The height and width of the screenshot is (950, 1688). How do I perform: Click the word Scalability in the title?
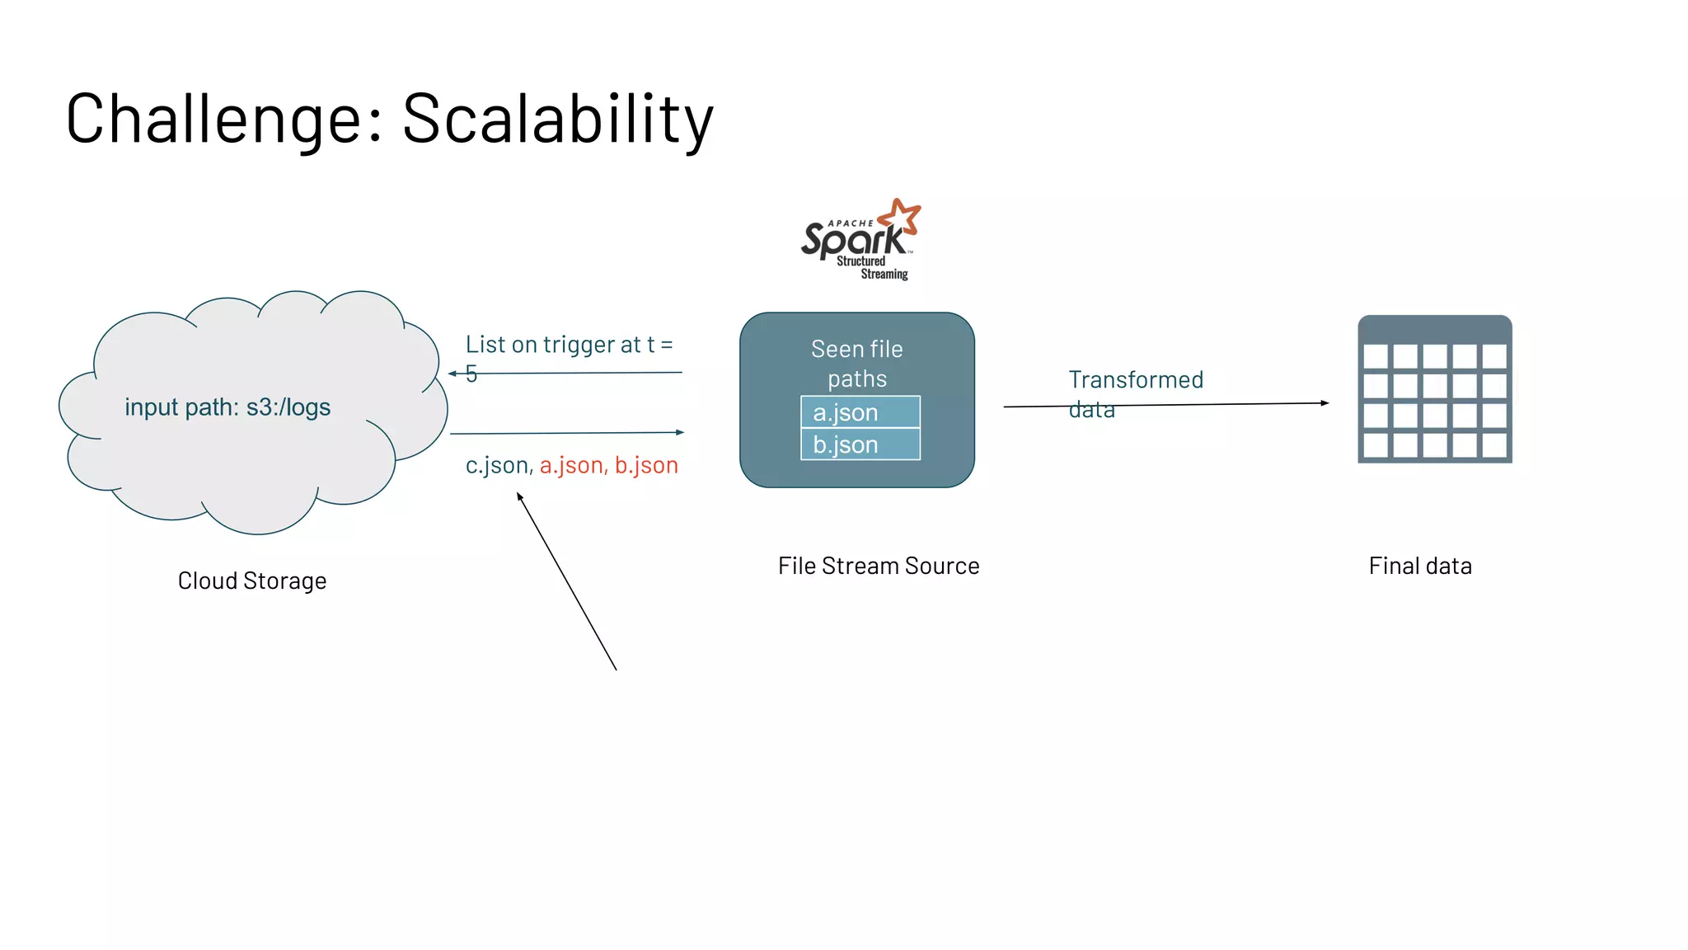557,120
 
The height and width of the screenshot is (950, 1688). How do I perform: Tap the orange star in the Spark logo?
901,216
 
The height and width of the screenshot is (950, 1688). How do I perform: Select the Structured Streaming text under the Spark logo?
872,268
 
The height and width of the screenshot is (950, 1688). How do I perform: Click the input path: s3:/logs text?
227,407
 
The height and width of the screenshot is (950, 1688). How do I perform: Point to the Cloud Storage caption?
252,581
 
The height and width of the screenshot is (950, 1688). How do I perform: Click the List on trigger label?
569,345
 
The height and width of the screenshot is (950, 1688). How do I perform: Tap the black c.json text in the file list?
497,466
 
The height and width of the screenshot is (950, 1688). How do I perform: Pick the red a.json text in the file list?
573,466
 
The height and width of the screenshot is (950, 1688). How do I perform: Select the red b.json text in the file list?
646,466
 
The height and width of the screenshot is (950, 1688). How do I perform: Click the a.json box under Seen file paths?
860,412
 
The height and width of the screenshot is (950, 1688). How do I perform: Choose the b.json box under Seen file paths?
860,444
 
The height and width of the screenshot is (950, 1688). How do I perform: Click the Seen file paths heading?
857,364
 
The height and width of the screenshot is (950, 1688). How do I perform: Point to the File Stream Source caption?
879,567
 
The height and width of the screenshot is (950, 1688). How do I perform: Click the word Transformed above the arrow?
1136,380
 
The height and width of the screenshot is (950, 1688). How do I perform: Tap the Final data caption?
1420,567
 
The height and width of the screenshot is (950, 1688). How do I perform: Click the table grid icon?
1435,389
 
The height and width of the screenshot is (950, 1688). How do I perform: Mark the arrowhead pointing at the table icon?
1325,403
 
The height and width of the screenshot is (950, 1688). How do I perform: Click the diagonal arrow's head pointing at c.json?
519,496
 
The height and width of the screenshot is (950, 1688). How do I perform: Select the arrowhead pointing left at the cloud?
452,374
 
